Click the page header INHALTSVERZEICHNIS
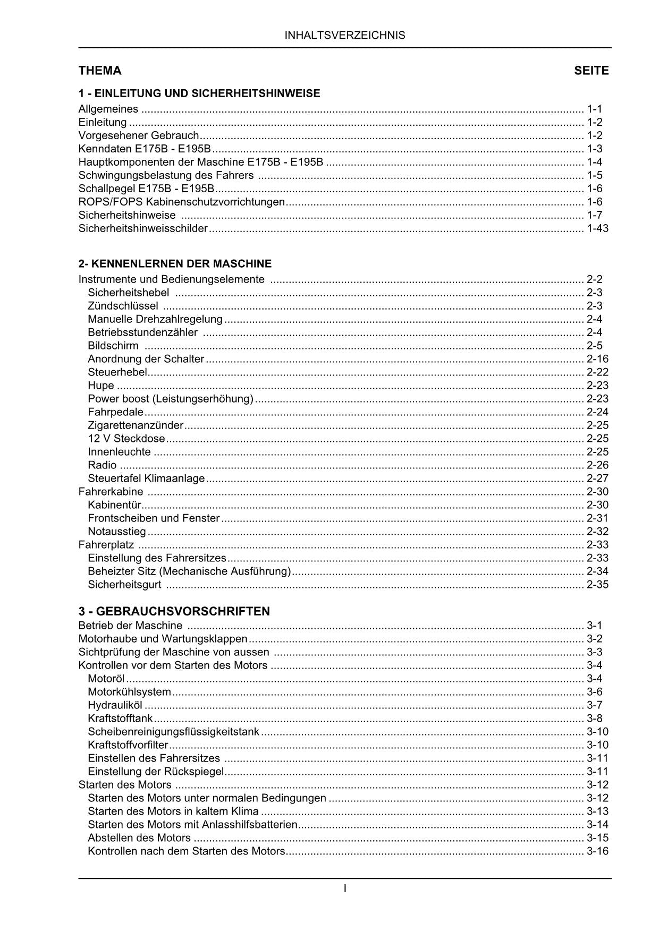tap(344, 36)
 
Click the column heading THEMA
tap(100, 71)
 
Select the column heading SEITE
tap(591, 71)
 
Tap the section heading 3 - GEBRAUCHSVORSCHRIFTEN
tap(174, 611)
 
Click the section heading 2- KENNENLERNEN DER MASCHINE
tap(175, 263)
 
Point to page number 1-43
tap(597, 228)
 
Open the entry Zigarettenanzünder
tap(136, 425)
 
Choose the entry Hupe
tap(101, 386)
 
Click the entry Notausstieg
tap(117, 532)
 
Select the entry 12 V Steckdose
tap(126, 439)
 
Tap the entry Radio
tap(102, 465)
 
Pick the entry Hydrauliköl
tap(115, 705)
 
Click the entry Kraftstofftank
tap(120, 719)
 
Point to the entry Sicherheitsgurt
tap(124, 585)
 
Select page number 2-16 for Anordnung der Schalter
tap(597, 359)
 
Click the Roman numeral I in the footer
tap(345, 888)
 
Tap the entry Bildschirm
tap(113, 346)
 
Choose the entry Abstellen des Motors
tap(139, 838)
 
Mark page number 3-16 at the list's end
tap(597, 851)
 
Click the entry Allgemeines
tap(108, 109)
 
